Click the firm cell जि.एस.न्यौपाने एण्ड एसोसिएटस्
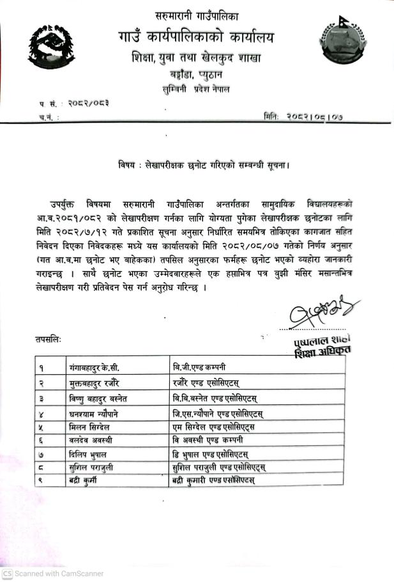218,414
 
